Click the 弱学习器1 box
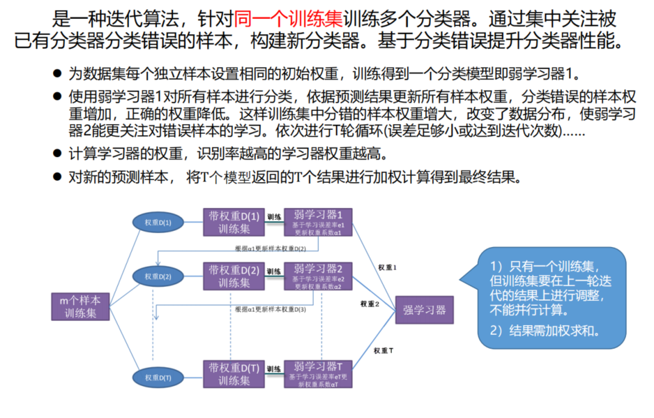coord(318,222)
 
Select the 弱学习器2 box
coord(318,277)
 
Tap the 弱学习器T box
coord(318,374)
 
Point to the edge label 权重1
coord(388,267)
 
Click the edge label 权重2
coord(370,304)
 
